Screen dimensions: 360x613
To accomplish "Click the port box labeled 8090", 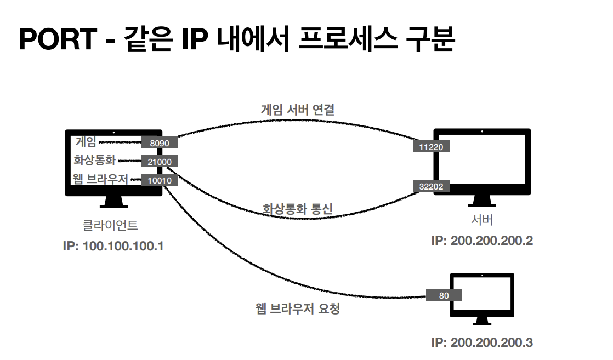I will click(x=159, y=143).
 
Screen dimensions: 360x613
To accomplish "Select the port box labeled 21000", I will click(x=159, y=162).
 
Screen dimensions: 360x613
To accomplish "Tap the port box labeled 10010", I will click(x=159, y=180).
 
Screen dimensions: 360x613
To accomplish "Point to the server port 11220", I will click(x=432, y=146).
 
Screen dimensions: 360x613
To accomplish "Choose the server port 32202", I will click(x=432, y=186).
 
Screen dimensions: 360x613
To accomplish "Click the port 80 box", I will click(x=444, y=295).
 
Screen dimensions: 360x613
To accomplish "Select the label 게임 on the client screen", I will click(x=86, y=142).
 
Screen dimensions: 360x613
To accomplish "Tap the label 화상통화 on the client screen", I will click(x=94, y=161).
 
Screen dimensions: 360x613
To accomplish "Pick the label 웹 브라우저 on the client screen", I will click(x=100, y=179).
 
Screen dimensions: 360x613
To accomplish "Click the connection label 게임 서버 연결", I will click(x=297, y=110).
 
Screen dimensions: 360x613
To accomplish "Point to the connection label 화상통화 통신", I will click(x=298, y=209).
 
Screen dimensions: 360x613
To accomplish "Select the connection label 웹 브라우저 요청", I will click(x=298, y=309).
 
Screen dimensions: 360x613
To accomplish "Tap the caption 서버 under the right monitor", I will click(x=482, y=221).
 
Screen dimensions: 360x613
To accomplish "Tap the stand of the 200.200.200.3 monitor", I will click(x=482, y=321).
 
